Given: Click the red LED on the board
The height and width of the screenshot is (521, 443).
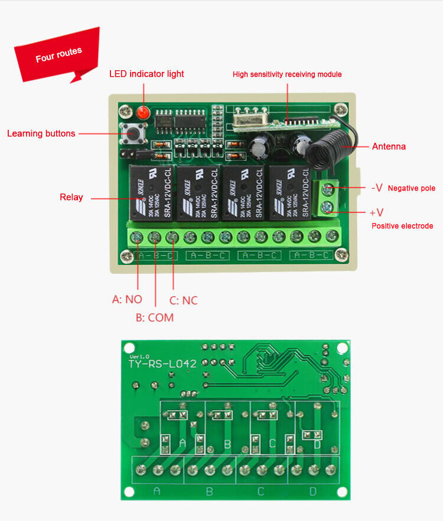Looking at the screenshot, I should [143, 112].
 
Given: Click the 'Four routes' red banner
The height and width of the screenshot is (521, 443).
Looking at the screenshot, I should [58, 55].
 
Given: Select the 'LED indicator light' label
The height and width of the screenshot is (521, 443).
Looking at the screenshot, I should [146, 74].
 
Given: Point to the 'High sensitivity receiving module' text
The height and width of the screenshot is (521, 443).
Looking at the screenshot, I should [287, 74].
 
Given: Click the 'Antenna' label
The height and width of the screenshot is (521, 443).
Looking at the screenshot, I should [389, 146].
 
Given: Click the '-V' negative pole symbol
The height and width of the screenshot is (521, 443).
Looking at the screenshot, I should [377, 188].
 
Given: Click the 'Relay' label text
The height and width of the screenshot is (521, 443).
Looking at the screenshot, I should [71, 197].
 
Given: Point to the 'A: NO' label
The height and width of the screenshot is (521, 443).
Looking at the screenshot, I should [127, 299].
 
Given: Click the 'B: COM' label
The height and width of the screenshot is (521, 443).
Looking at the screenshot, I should [155, 317].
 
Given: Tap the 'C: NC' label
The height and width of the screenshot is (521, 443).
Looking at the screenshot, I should [183, 300].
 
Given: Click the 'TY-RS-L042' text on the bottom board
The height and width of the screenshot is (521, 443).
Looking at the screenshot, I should [162, 364].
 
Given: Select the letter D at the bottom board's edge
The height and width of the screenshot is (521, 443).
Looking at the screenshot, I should [313, 491].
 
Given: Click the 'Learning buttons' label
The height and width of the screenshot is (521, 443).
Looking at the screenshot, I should [41, 133].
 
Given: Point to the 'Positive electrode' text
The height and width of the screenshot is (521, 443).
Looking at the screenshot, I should [402, 226].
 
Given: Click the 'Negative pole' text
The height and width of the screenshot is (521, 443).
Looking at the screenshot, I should [412, 188].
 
